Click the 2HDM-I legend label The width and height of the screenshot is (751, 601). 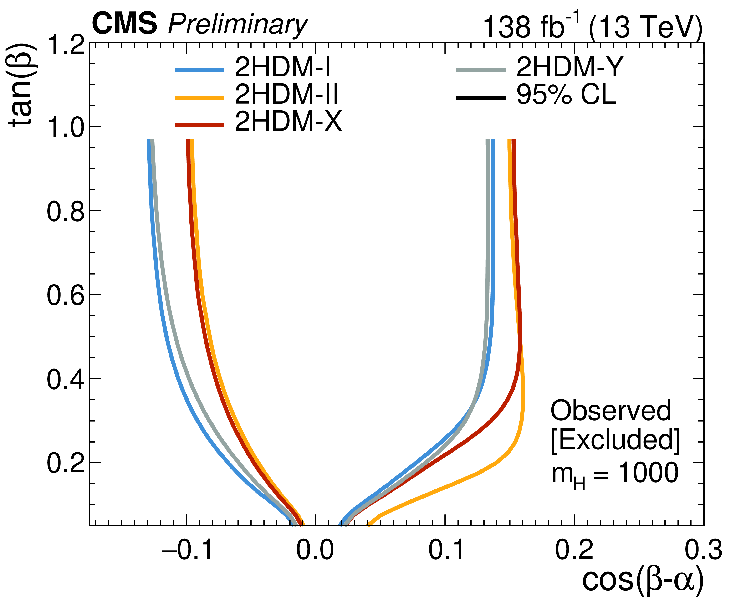[283, 67]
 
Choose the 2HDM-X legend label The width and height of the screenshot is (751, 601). [288, 122]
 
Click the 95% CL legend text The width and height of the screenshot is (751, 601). [566, 94]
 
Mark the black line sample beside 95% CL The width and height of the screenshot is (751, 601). [481, 97]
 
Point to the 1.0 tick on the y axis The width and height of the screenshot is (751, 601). [66, 127]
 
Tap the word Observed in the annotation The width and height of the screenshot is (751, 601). [611, 411]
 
